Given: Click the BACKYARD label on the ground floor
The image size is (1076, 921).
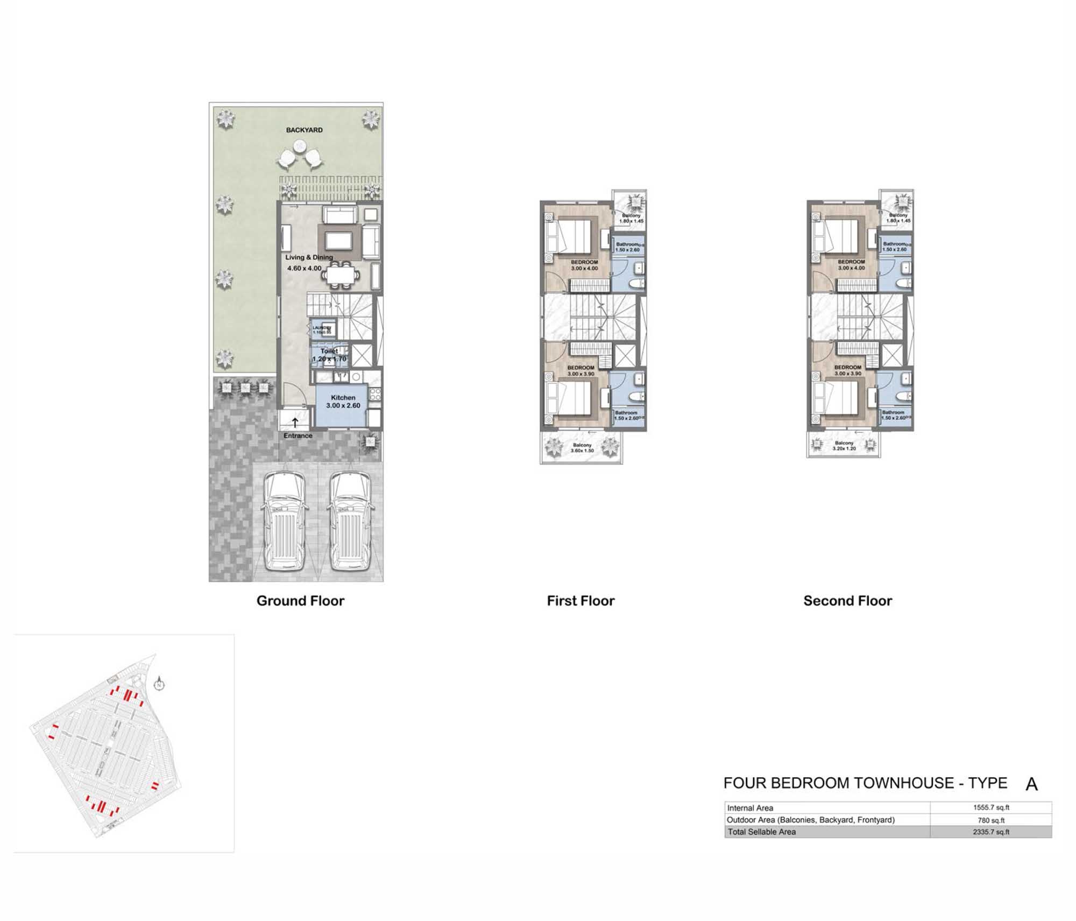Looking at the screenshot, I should coord(304,130).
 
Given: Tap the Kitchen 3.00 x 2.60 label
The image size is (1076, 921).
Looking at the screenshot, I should coord(343,402).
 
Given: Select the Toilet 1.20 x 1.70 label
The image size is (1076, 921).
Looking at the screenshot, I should coord(329,355).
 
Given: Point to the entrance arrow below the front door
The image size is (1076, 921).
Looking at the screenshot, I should coord(295,423).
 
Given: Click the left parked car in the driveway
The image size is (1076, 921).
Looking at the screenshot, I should coord(286,521).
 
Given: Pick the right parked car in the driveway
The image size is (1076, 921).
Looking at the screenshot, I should coord(350,521).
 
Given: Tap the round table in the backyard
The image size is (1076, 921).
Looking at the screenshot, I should coord(299,146).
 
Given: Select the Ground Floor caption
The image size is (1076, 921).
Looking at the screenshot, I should coord(300,601).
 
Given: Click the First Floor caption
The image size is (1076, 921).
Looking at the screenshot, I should coord(581,601).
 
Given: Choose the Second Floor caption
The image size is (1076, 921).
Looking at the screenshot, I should coord(847,601).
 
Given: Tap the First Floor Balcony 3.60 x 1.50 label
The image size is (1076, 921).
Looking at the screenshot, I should coord(582,448).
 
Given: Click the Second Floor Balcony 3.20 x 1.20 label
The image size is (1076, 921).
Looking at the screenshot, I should coord(844,446).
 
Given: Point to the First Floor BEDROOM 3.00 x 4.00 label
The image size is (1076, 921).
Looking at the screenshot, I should coord(584,265).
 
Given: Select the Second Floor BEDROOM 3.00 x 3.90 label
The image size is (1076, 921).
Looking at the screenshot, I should coord(847,370).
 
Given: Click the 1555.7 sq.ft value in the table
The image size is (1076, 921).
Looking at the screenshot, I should coord(990,807).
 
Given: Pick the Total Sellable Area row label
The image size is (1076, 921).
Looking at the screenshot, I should coord(761,832).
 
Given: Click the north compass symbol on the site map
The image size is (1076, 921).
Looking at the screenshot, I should coord(159,685).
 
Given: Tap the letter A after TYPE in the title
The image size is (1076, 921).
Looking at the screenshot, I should coord(1031,784).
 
